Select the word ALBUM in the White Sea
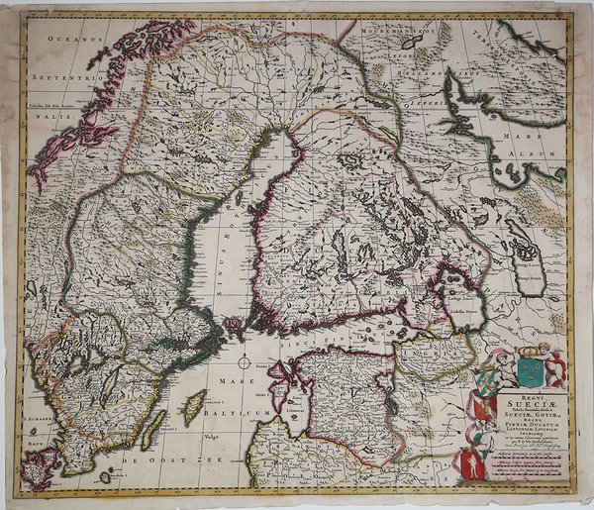(x=536, y=156)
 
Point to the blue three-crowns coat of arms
(x=531, y=371)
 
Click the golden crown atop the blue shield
(x=532, y=351)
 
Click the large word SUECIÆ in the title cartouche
(x=526, y=404)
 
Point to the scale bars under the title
(x=525, y=465)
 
